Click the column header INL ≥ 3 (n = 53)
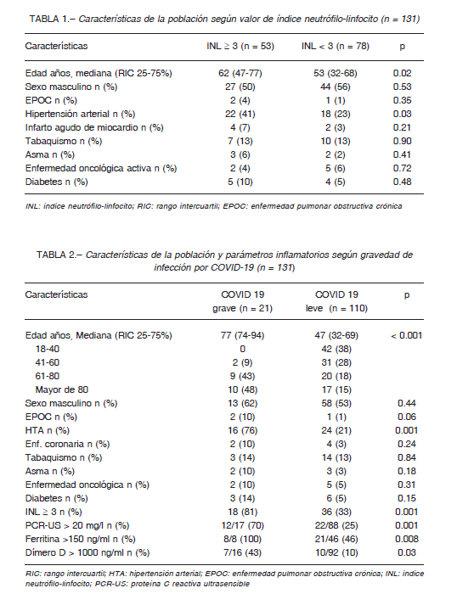point(240,47)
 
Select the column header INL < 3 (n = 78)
point(336,47)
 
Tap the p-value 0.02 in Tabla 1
point(402,73)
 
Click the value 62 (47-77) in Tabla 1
point(240,73)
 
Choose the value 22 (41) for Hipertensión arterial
point(240,115)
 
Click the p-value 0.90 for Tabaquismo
point(402,141)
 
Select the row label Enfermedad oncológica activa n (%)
point(101,169)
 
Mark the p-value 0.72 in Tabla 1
point(402,168)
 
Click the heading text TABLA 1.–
point(53,19)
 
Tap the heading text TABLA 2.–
point(59,255)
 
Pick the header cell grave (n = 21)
point(243,309)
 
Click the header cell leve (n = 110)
point(336,309)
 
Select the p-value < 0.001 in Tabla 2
point(406,336)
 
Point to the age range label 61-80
point(48,376)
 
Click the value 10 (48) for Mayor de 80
point(243,390)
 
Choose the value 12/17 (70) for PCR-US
point(243,526)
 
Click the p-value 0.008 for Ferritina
point(407,539)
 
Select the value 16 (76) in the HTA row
point(243,430)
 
